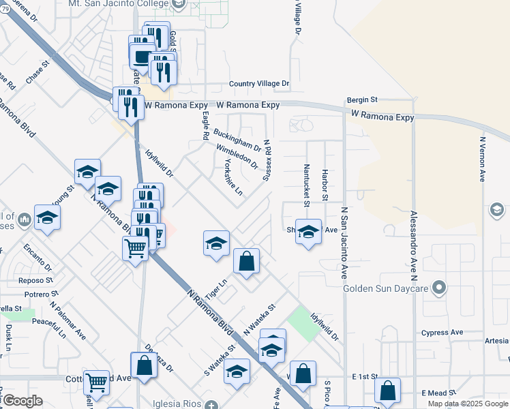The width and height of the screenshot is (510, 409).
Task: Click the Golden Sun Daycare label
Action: click(x=386, y=288)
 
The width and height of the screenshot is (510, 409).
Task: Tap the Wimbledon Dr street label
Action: click(x=237, y=157)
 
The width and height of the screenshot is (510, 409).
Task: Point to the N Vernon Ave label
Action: click(x=482, y=159)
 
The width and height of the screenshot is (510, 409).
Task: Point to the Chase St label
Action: click(x=39, y=73)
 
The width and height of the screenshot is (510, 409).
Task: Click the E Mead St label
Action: click(x=438, y=393)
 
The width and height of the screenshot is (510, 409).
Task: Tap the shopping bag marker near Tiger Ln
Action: click(x=246, y=261)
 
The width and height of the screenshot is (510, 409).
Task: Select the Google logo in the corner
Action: click(x=22, y=401)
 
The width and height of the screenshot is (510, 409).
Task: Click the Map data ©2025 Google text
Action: click(x=468, y=404)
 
